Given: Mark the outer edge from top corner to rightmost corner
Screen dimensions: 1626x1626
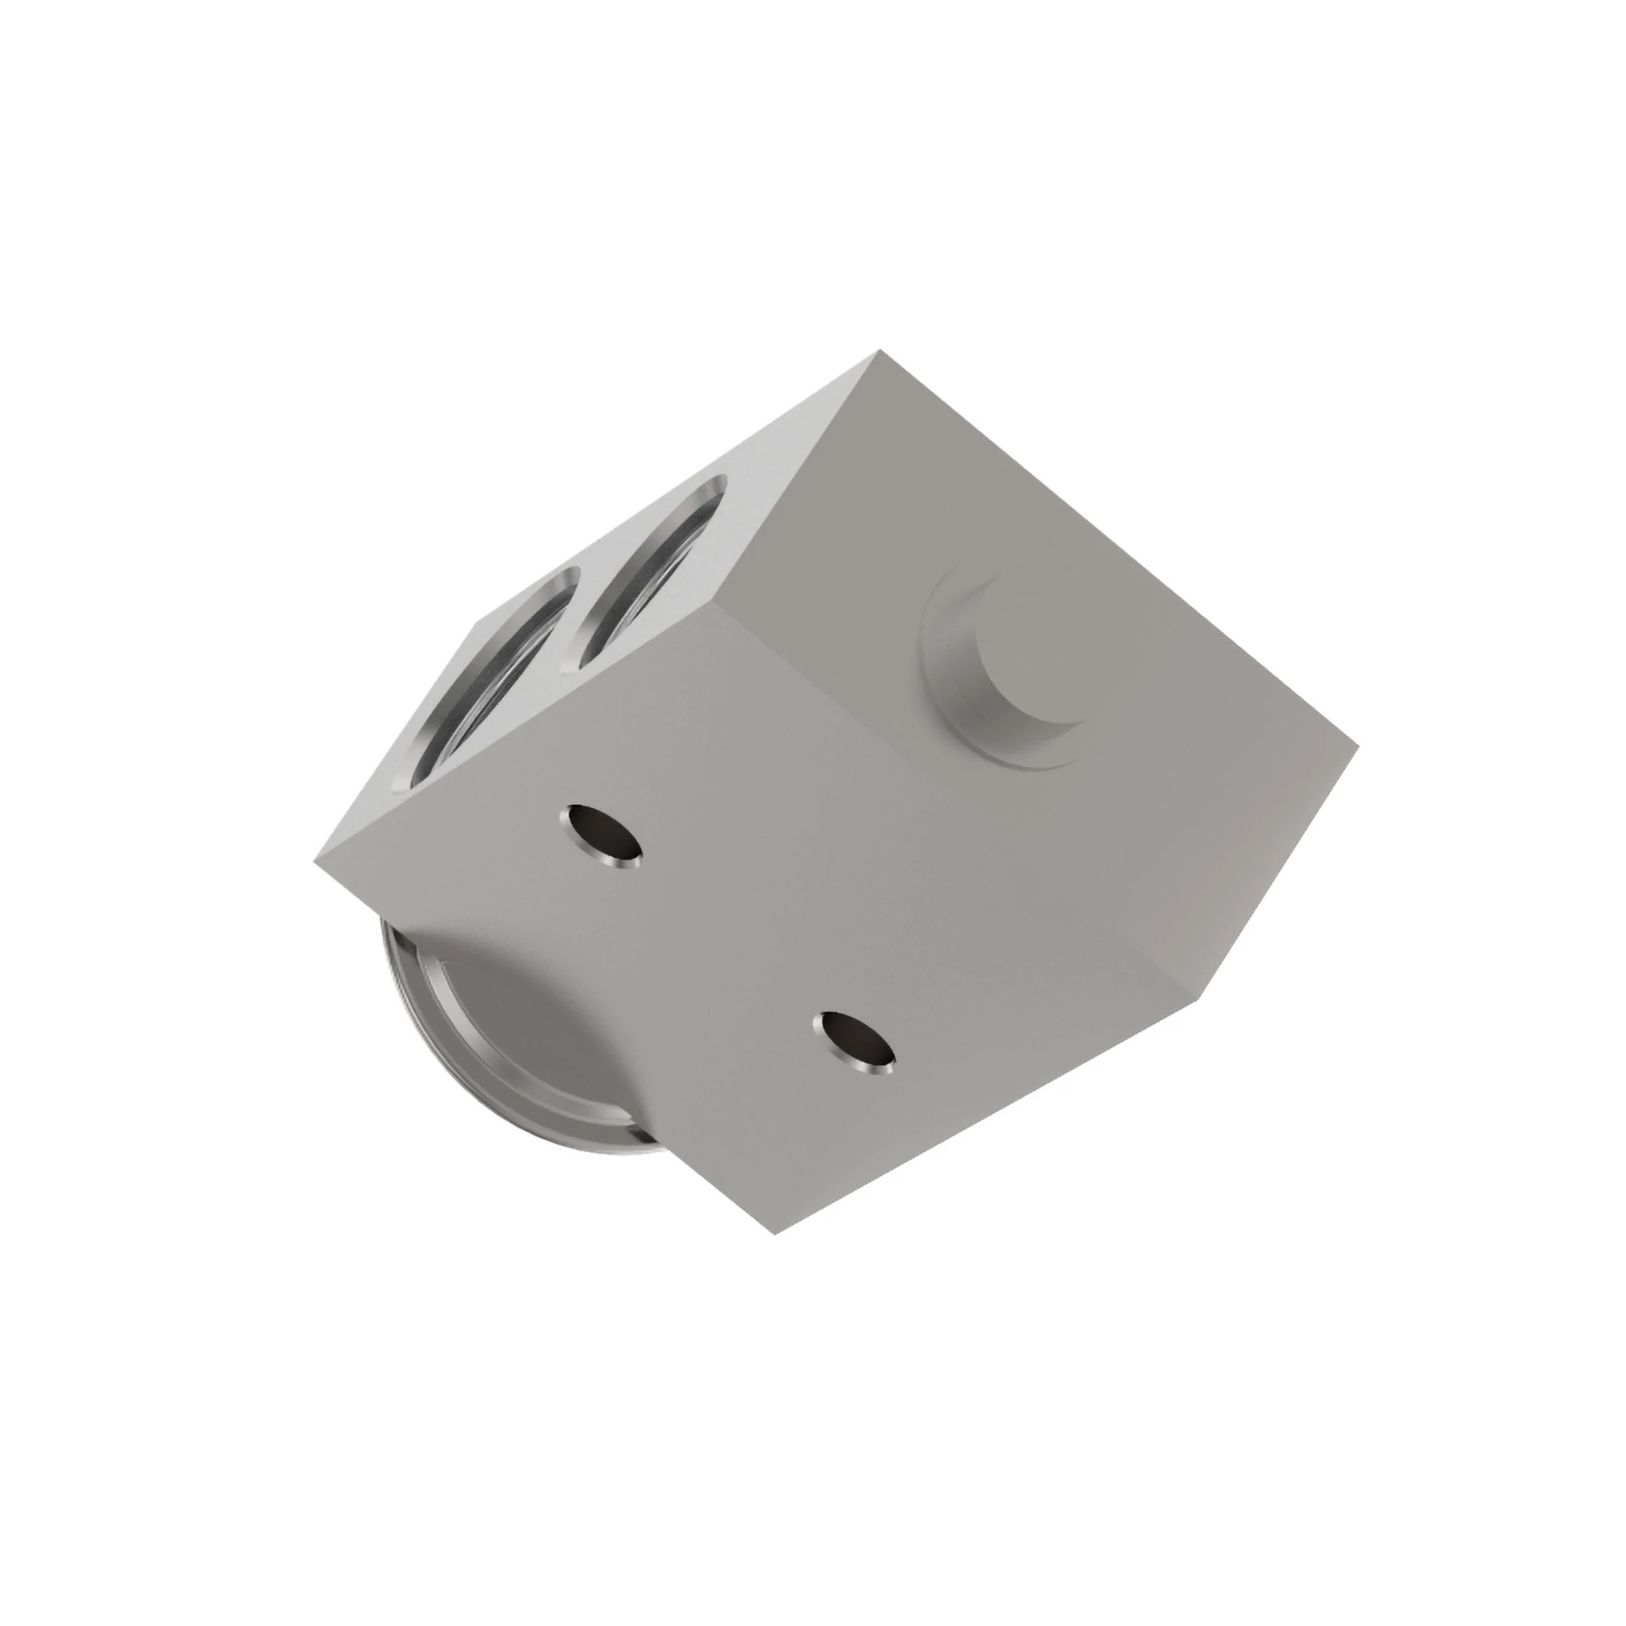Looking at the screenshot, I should pyautogui.click(x=1120, y=548).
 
